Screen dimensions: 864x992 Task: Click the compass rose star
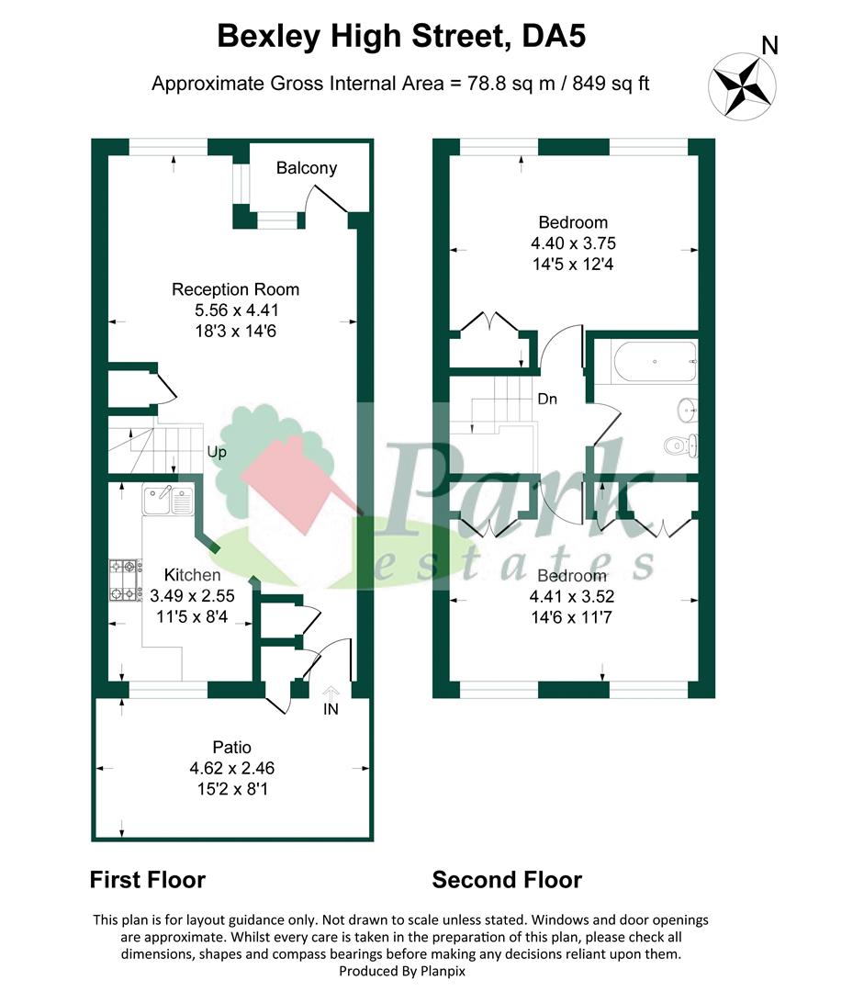(742, 86)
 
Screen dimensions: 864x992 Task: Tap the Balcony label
(307, 168)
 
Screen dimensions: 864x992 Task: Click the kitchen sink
(168, 500)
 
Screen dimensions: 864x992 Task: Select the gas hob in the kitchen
(125, 580)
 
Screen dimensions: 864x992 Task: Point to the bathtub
(656, 362)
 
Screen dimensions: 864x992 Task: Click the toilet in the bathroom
(681, 445)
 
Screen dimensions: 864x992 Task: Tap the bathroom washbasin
(688, 410)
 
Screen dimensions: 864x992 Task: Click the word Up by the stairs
(217, 452)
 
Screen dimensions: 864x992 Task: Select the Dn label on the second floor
(547, 400)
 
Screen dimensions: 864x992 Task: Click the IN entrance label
(331, 709)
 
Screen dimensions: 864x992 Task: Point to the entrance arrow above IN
(331, 693)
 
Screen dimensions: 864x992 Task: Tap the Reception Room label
(235, 289)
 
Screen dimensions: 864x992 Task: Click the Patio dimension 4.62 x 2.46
(232, 768)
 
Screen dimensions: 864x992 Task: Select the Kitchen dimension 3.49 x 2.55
(192, 596)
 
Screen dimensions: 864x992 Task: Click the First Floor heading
(148, 880)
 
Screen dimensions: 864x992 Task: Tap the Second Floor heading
(507, 880)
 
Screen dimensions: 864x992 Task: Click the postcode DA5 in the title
(554, 36)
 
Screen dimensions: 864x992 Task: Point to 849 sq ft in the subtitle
(611, 84)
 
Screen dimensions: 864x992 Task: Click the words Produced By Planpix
(402, 971)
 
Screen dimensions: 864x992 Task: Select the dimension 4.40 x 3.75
(574, 243)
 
